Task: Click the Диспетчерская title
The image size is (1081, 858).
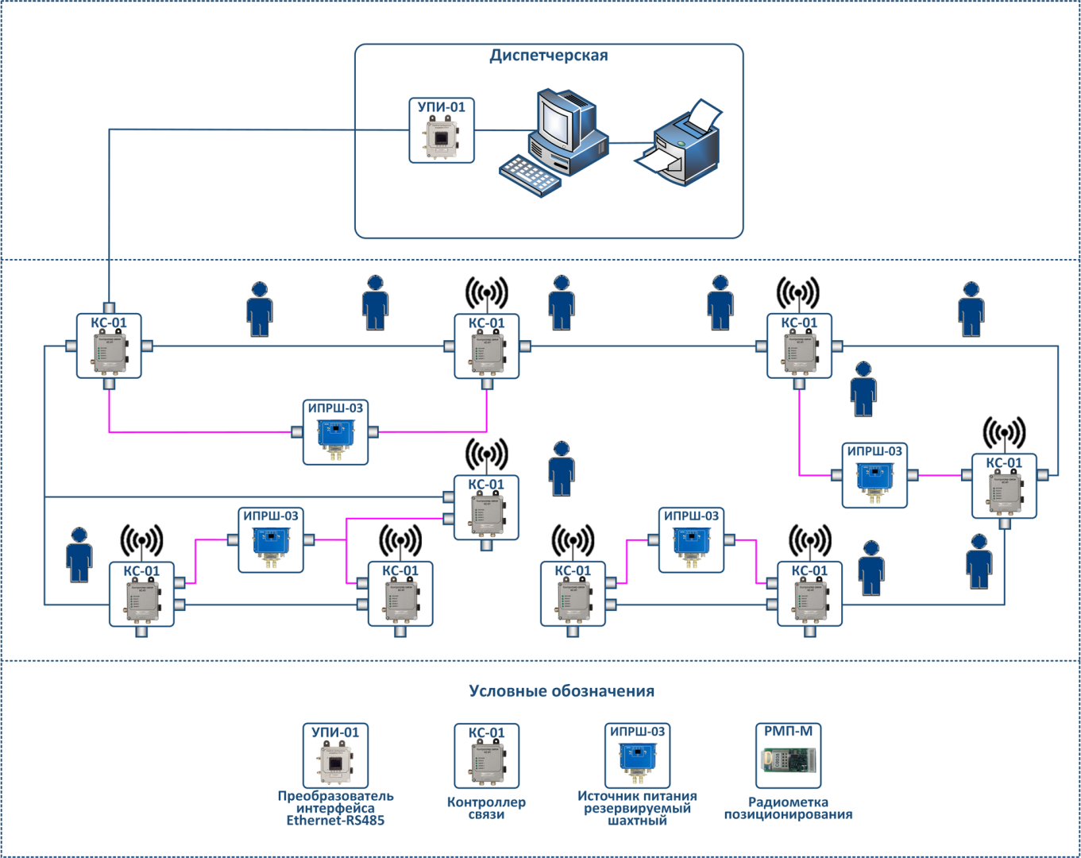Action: (x=548, y=56)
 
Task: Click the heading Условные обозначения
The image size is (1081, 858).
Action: (x=562, y=691)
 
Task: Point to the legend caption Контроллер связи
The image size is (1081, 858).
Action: (x=486, y=808)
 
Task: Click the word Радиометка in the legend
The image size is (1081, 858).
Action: (x=788, y=802)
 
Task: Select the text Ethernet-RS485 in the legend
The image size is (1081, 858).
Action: (x=335, y=821)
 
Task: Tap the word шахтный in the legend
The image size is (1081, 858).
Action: (x=637, y=821)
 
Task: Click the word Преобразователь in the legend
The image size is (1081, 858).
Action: (x=335, y=796)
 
